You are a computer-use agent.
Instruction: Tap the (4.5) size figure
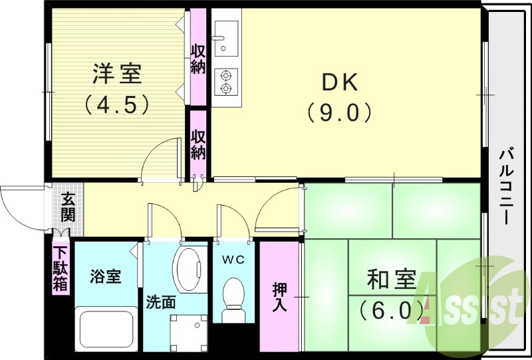(116, 104)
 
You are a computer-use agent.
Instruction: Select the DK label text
(340, 82)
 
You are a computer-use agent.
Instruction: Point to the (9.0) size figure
(340, 112)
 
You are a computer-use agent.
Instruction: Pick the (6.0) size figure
(392, 309)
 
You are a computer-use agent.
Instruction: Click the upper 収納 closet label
(198, 59)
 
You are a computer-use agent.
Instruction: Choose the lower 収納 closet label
(198, 144)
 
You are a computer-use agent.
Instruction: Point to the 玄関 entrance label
(68, 207)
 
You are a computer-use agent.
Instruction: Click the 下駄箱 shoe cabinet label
(61, 268)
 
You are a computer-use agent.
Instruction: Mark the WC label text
(232, 260)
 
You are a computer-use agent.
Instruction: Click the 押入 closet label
(280, 297)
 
